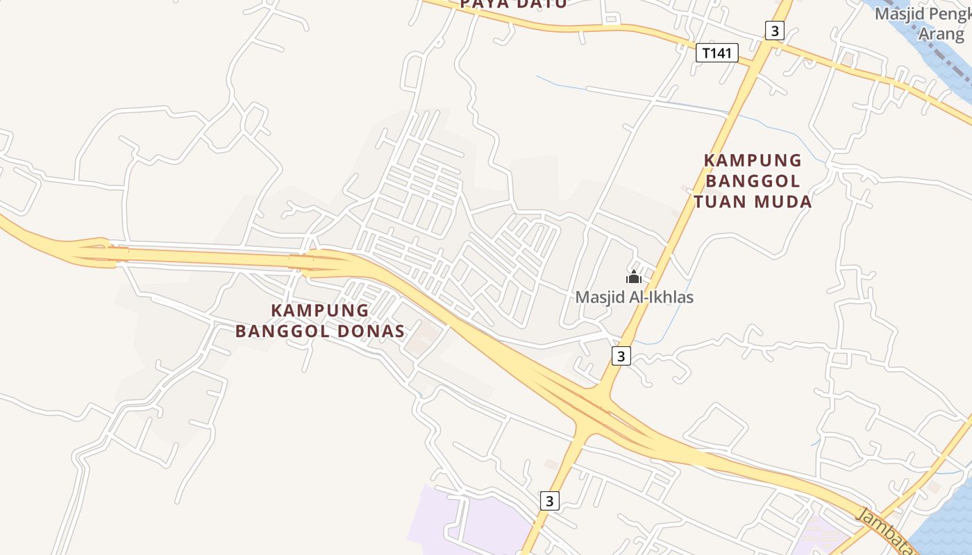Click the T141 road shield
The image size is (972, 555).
click(717, 53)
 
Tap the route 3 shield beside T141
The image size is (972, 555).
click(775, 31)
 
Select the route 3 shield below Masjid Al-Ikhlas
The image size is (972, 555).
click(621, 356)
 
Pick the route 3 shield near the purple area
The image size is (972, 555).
click(549, 500)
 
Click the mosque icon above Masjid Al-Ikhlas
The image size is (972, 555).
click(633, 277)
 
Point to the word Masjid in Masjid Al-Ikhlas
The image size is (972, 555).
click(598, 298)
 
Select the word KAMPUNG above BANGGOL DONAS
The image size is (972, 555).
click(319, 310)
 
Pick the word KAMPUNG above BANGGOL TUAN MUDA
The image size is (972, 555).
click(753, 160)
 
